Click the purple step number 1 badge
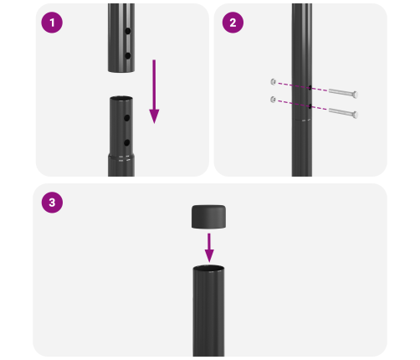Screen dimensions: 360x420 pos(53,23)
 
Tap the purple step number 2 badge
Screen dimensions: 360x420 pos(232,23)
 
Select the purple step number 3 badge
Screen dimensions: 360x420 pos(53,203)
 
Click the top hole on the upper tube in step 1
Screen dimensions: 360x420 pos(126,33)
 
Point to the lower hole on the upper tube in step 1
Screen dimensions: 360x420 pos(126,54)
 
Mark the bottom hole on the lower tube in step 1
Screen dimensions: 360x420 pos(126,143)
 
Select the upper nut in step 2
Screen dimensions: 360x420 pos(274,81)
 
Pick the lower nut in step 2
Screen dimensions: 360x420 pos(274,100)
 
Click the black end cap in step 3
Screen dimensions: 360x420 pos(209,218)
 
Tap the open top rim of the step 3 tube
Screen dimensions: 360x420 pos(209,269)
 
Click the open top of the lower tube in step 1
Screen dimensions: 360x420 pos(120,99)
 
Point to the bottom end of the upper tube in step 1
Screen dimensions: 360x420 pos(120,70)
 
